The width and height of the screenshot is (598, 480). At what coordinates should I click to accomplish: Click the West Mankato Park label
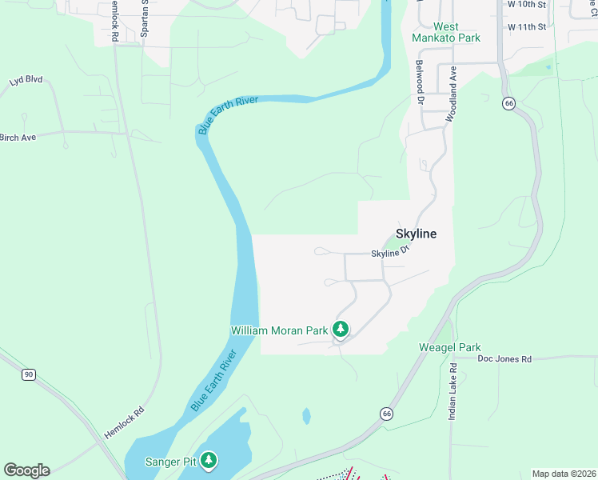[447, 32]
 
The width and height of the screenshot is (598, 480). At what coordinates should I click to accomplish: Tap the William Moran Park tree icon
[341, 329]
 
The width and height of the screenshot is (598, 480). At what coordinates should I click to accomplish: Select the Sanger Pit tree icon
[209, 460]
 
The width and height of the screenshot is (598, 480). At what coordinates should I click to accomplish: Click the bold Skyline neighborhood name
[417, 234]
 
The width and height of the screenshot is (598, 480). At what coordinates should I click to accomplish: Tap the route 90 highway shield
[29, 374]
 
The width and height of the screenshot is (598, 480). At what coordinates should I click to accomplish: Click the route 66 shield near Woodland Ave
[508, 103]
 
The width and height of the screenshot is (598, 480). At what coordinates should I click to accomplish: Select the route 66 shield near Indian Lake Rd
[387, 413]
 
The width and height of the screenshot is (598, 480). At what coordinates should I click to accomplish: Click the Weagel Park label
[450, 347]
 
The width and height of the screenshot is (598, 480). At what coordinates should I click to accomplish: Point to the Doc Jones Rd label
[504, 359]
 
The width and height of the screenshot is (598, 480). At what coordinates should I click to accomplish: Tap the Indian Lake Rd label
[452, 391]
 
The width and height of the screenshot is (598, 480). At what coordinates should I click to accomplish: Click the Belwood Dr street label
[418, 82]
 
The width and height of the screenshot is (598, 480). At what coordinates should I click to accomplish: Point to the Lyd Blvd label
[26, 81]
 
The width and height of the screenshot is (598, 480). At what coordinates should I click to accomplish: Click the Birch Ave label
[18, 138]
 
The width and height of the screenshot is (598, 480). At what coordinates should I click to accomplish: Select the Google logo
[26, 470]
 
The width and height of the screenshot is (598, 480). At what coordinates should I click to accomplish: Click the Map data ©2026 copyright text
[563, 474]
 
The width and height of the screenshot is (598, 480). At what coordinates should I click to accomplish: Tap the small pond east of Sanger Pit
[306, 416]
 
